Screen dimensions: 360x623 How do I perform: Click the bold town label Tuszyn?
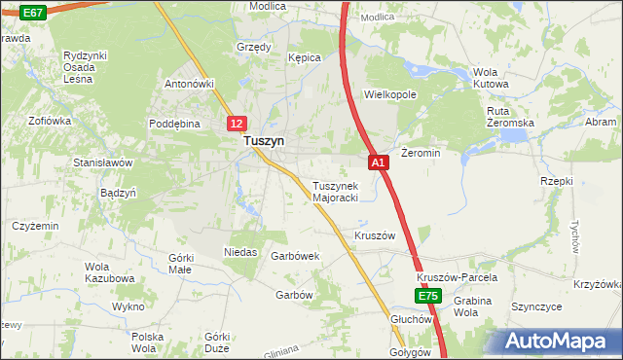click(264, 141)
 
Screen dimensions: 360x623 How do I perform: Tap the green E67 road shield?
click(32, 12)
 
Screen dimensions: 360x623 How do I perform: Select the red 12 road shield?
click(238, 124)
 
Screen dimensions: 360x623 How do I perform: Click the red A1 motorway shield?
click(380, 162)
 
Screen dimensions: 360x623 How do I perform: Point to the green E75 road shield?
click(427, 295)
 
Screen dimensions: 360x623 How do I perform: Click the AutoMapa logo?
click(561, 341)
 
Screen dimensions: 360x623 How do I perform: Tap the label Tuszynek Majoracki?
click(335, 191)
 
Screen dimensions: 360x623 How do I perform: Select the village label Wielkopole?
click(389, 95)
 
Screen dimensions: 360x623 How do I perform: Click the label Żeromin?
click(421, 153)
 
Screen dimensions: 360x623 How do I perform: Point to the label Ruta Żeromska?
click(511, 117)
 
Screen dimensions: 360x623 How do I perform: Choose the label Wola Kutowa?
click(491, 78)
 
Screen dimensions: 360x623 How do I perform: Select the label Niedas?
click(240, 251)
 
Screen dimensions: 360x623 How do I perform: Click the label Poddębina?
click(174, 124)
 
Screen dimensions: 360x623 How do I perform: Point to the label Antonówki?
click(189, 83)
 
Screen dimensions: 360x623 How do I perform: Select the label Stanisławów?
click(102, 162)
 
